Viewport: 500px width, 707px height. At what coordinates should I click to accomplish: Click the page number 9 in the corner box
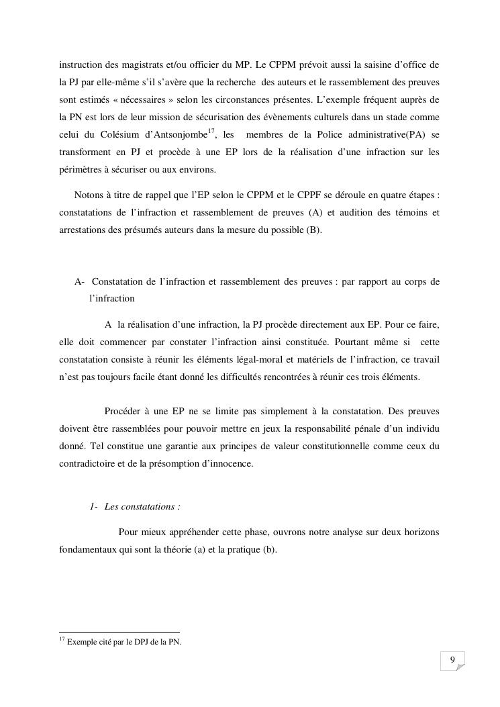tap(452, 660)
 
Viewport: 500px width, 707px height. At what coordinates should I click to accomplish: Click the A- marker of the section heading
tap(80, 281)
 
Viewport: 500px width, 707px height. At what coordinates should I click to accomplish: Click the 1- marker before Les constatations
tap(94, 506)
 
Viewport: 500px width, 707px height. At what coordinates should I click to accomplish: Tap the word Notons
tap(88, 195)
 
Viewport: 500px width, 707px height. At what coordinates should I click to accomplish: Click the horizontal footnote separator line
tap(119, 632)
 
